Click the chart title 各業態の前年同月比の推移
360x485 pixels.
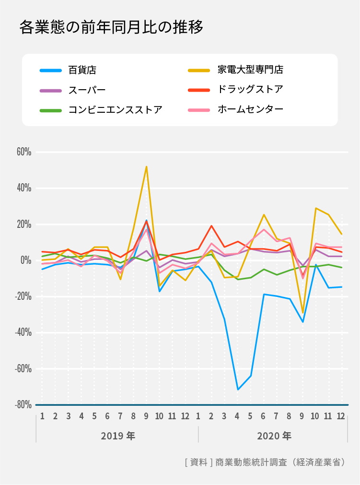pos(111,27)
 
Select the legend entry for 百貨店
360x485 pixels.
pos(82,70)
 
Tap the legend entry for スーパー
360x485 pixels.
pos(87,90)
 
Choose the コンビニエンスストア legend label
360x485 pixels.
pos(115,110)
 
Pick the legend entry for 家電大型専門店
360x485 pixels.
pos(250,70)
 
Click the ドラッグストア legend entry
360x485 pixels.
pos(250,90)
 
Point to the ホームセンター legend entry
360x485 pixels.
pos(250,109)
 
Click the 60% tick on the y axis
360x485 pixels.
pos(24,152)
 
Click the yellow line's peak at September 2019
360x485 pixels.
pos(146,166)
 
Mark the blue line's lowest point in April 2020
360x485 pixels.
pos(238,389)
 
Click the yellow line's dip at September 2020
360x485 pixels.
pos(302,313)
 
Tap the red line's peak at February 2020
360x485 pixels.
pos(211,225)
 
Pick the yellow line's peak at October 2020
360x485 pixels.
pos(316,208)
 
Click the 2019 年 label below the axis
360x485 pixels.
pos(118,436)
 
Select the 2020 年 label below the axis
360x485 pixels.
pos(274,436)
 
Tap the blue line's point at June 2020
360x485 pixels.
pos(264,294)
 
